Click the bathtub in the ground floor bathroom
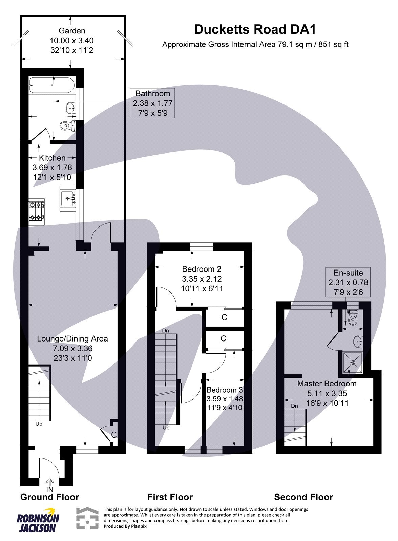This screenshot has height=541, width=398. tap(51, 85)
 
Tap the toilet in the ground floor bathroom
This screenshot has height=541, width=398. tap(66, 126)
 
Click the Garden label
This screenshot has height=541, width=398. tap(72, 31)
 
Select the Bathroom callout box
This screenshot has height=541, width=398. tap(153, 103)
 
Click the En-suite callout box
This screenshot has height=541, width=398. tap(348, 282)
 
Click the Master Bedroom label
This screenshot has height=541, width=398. tap(327, 384)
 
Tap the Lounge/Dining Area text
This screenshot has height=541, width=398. tap(72, 339)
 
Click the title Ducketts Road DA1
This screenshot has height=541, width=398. tap(255, 30)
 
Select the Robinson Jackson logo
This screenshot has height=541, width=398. tap(38, 520)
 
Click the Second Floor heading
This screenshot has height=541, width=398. tap(303, 497)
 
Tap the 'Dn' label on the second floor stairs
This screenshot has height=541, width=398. tap(294, 406)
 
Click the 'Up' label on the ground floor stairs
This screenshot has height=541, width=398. tap(39, 424)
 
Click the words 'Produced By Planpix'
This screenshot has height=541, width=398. tap(125, 526)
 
